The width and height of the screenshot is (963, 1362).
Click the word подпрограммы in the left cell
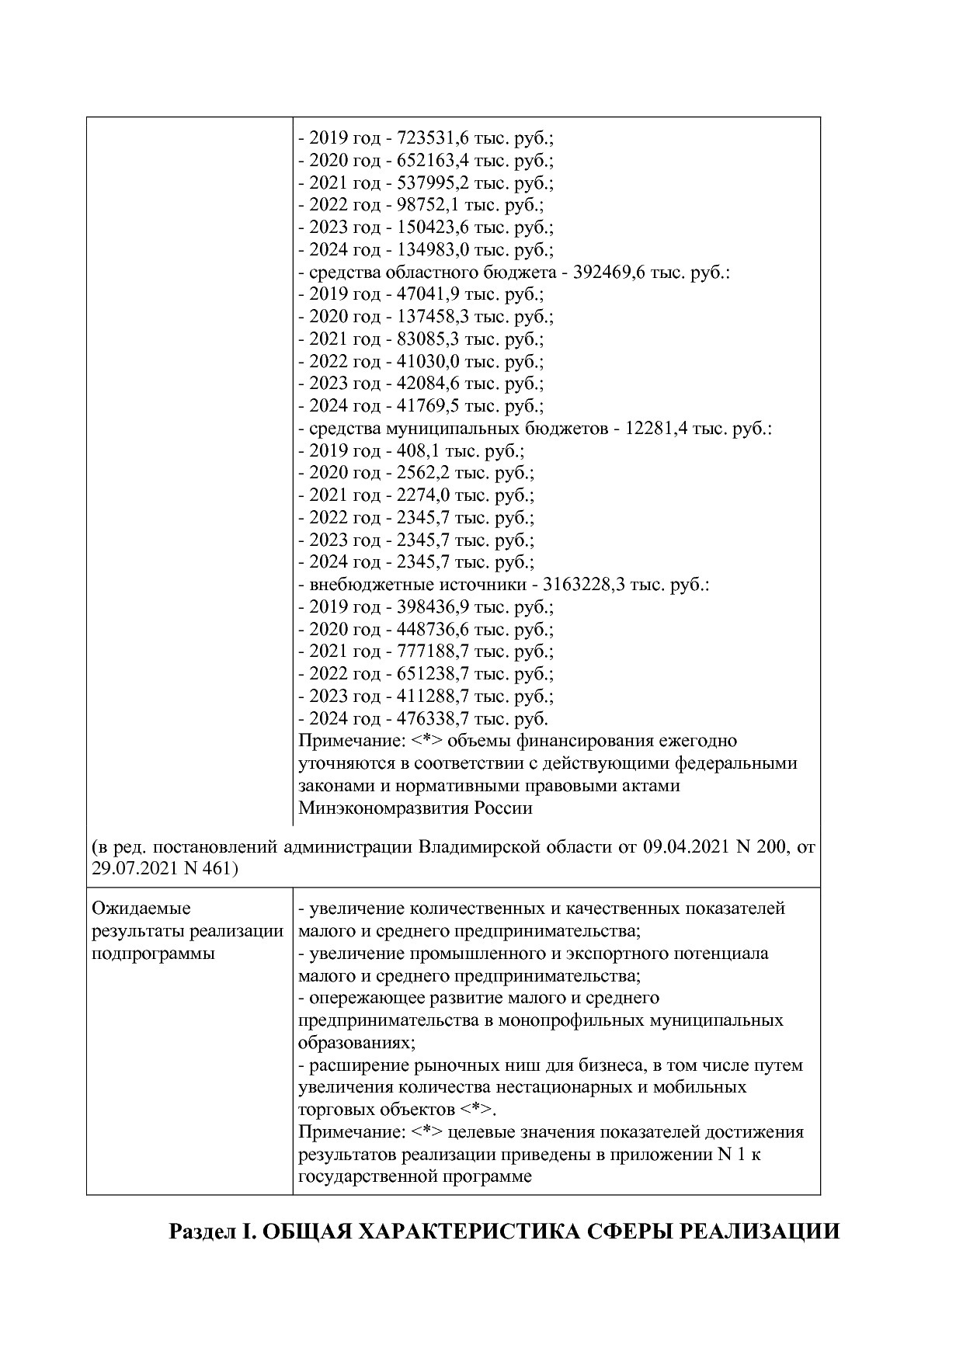coord(153,953)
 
